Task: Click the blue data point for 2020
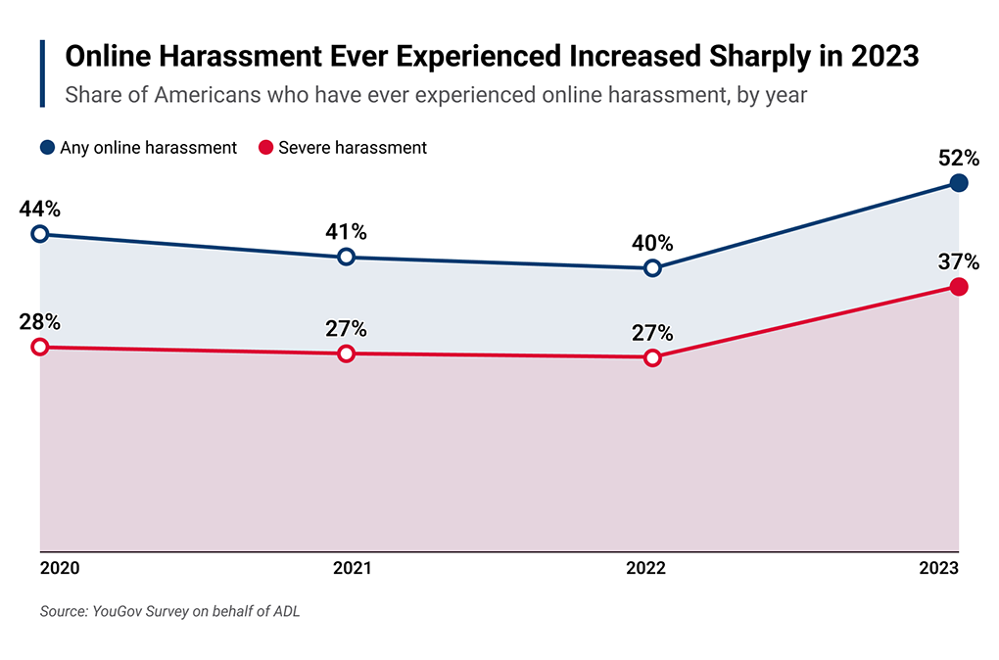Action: click(40, 233)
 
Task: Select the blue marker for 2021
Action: click(346, 257)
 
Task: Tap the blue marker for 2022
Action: click(653, 267)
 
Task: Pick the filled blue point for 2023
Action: click(959, 183)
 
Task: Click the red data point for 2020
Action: click(40, 347)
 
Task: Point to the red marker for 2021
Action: click(346, 354)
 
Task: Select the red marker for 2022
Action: click(653, 357)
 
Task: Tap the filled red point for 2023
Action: click(959, 286)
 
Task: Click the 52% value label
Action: click(959, 158)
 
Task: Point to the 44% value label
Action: click(40, 209)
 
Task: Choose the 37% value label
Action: click(959, 261)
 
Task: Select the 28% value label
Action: click(40, 322)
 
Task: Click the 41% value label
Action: click(346, 232)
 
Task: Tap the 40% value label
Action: click(653, 243)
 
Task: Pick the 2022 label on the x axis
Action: click(646, 569)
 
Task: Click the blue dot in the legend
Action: click(47, 148)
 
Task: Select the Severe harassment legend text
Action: click(353, 148)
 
